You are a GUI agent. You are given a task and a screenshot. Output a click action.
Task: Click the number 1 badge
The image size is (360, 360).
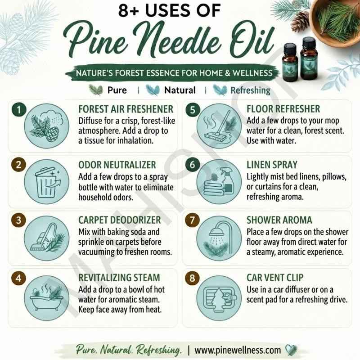[19, 109]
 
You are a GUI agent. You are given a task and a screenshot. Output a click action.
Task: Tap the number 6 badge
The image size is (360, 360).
[193, 165]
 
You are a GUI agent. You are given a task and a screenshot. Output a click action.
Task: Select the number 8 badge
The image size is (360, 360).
[192, 278]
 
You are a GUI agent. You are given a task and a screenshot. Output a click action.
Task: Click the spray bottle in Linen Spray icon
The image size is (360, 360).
[227, 180]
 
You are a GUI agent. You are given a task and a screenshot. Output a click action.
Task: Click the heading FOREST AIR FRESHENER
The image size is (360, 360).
[126, 109]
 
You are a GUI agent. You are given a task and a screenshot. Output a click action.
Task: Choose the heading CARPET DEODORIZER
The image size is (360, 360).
[119, 220]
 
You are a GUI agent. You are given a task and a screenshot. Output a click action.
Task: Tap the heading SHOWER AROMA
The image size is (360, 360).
[279, 220]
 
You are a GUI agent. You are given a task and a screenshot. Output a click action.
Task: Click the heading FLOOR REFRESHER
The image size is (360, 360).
[283, 109]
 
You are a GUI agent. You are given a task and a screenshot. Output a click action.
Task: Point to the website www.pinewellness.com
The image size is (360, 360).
[238, 350]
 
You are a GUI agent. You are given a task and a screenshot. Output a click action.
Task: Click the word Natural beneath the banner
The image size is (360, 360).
[180, 90]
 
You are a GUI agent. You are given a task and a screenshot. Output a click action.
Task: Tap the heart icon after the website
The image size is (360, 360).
[291, 350]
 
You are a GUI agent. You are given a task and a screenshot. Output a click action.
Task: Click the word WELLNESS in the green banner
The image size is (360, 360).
[252, 73]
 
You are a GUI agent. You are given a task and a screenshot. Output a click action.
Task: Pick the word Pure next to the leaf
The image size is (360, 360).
[117, 90]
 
